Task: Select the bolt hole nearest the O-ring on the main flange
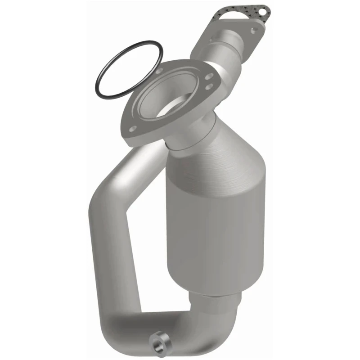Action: point(159,71)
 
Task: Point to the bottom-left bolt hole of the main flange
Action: point(133,128)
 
